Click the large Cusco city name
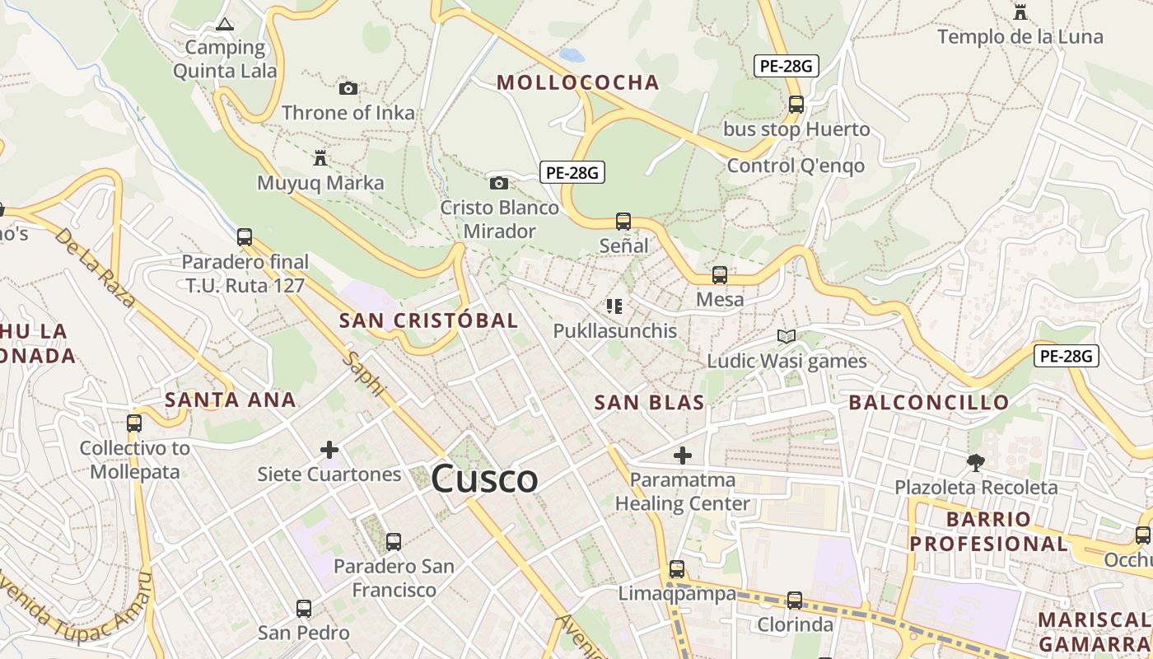pyautogui.click(x=484, y=479)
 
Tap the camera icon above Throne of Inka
pyautogui.click(x=348, y=88)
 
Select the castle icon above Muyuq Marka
pyautogui.click(x=320, y=157)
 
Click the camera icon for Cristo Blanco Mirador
pyautogui.click(x=499, y=183)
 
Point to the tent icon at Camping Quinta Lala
pyautogui.click(x=224, y=24)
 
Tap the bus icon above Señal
pyautogui.click(x=623, y=221)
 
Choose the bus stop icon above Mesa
pyautogui.click(x=720, y=275)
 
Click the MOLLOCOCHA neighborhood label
pyautogui.click(x=578, y=82)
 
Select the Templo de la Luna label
pyautogui.click(x=1020, y=37)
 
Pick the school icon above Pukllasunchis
pyautogui.click(x=614, y=306)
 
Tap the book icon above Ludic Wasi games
pyautogui.click(x=787, y=336)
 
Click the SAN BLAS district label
pyautogui.click(x=650, y=403)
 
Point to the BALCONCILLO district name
pyautogui.click(x=929, y=403)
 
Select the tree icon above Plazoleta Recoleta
pyautogui.click(x=976, y=462)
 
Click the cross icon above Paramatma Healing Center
pyautogui.click(x=683, y=455)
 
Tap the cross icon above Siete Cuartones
pyautogui.click(x=329, y=450)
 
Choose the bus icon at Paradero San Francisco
pyautogui.click(x=394, y=541)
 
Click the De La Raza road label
pyautogui.click(x=95, y=268)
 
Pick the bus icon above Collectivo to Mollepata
pyautogui.click(x=134, y=423)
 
